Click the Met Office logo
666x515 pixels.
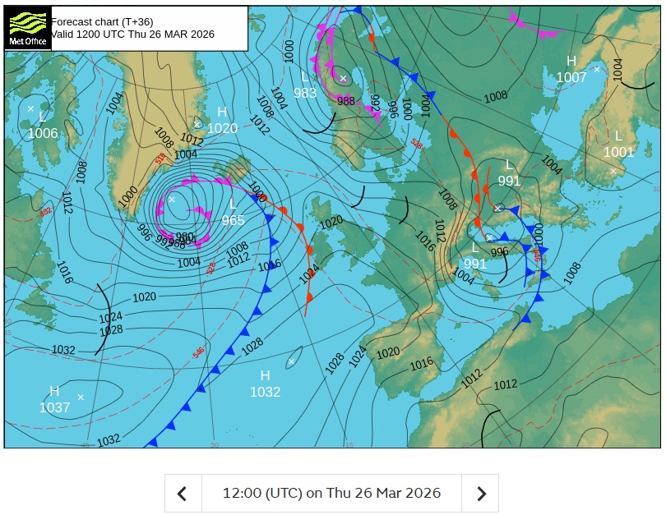(x=27, y=29)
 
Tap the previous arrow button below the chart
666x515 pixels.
(x=183, y=493)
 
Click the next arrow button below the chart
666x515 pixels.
(x=481, y=493)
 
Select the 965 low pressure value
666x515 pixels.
(x=233, y=220)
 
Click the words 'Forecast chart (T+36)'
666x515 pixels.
(x=102, y=21)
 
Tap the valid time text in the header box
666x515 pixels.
(x=132, y=34)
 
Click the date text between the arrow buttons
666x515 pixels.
(x=331, y=493)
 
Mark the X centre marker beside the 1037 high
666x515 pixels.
(x=81, y=398)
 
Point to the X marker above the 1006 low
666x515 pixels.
(x=30, y=108)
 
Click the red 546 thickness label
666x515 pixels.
(x=198, y=353)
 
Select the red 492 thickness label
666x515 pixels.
(x=45, y=213)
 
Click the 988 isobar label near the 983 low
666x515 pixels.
(x=346, y=101)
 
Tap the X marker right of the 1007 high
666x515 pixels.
(x=597, y=69)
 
